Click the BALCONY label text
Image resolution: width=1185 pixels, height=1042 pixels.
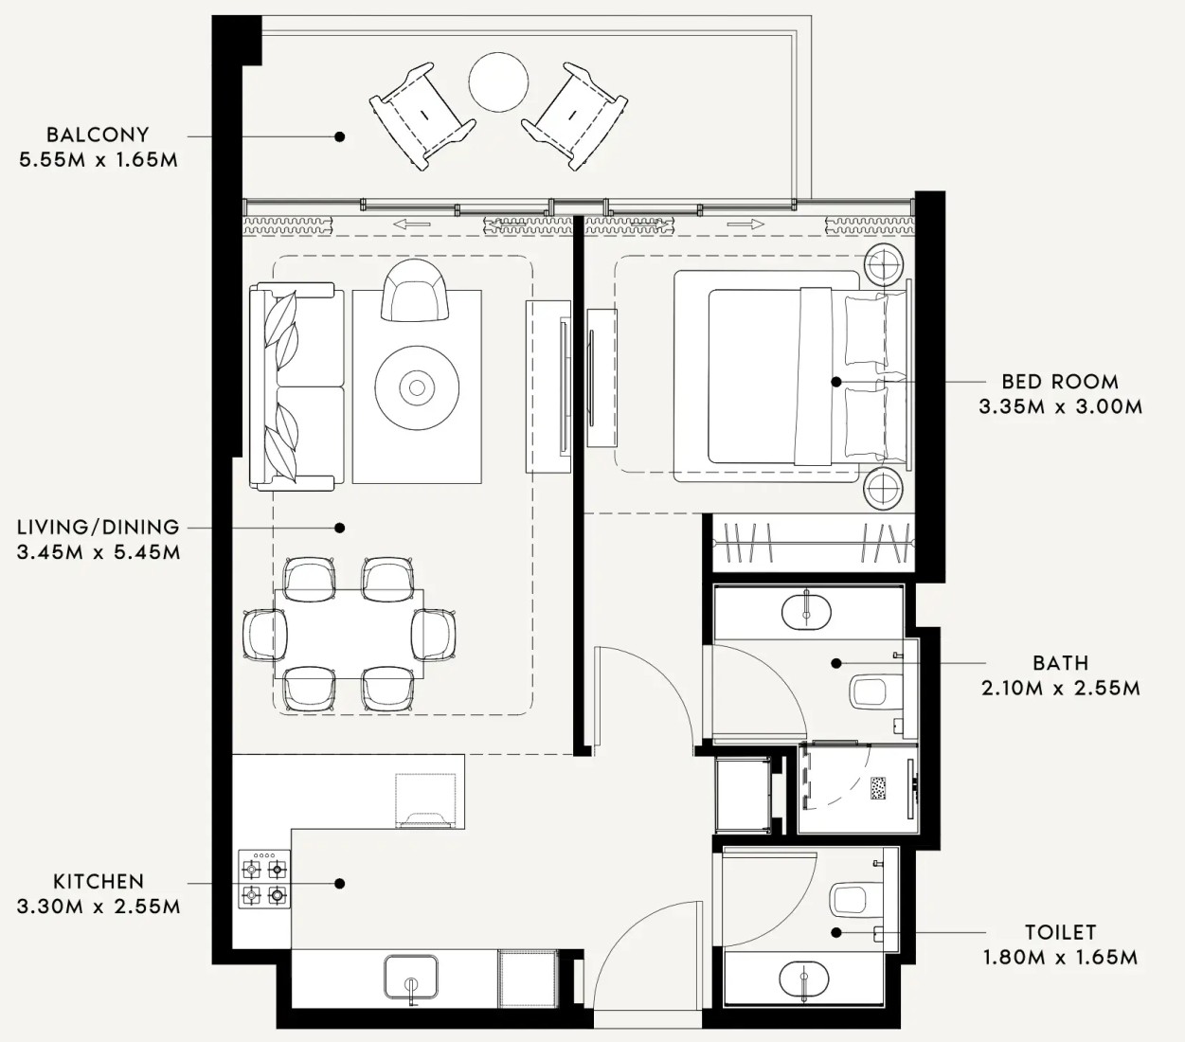click(x=98, y=135)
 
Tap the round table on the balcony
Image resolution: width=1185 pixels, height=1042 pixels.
click(x=498, y=81)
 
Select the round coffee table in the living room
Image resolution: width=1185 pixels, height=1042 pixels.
click(x=417, y=387)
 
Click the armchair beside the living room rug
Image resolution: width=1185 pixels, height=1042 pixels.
click(x=415, y=290)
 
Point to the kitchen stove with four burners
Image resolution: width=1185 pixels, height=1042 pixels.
click(x=263, y=879)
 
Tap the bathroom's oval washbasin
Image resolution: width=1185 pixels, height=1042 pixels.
click(x=806, y=613)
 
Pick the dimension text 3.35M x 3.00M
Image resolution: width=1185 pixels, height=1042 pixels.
click(x=1060, y=406)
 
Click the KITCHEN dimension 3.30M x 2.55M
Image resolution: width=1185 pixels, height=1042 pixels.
click(x=99, y=907)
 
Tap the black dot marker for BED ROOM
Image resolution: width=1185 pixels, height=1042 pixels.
click(x=836, y=382)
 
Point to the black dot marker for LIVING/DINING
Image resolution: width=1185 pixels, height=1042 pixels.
click(x=339, y=528)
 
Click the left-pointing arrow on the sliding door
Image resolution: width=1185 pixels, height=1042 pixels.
click(x=412, y=225)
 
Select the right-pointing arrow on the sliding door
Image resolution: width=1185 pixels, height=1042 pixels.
click(x=745, y=225)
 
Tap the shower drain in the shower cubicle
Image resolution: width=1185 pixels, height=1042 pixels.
click(x=878, y=787)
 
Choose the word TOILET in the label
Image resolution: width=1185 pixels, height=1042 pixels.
click(x=1060, y=932)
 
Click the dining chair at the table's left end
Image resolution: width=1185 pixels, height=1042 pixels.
click(x=264, y=635)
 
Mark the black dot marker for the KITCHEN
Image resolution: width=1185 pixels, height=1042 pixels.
click(x=339, y=884)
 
